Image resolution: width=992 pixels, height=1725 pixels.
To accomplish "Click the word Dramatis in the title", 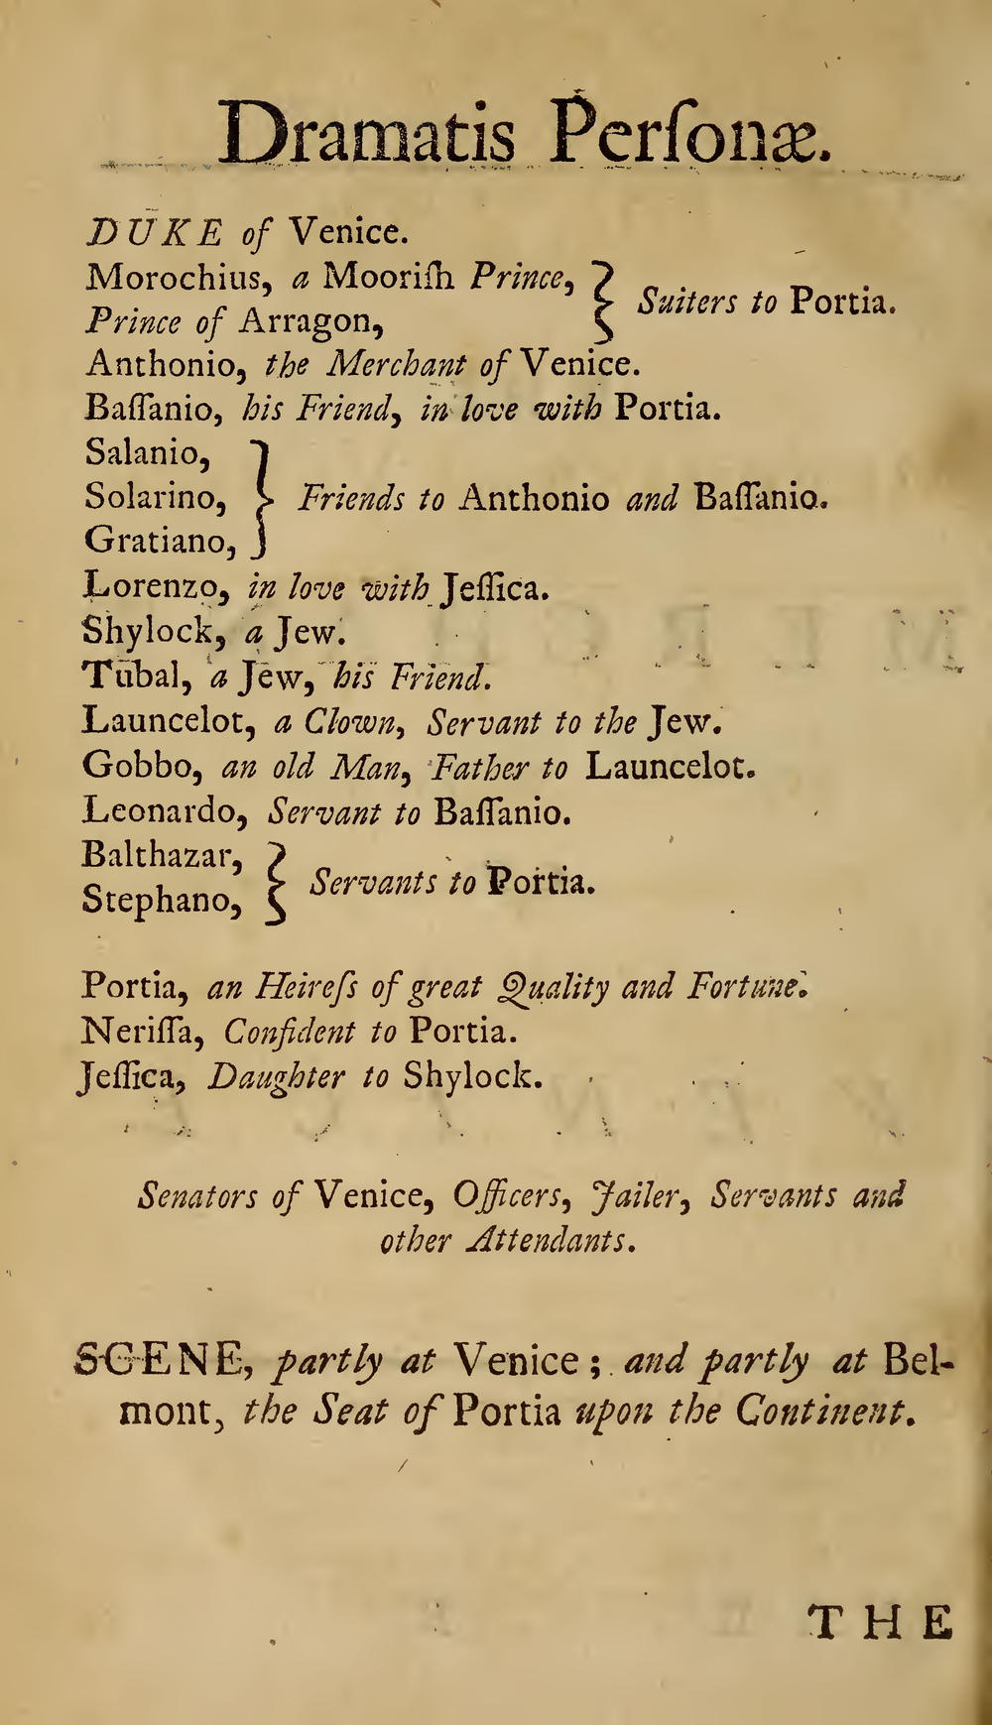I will tap(366, 135).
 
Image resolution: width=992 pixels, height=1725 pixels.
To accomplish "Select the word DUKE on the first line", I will tap(156, 233).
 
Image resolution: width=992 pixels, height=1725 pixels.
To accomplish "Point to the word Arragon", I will tap(311, 320).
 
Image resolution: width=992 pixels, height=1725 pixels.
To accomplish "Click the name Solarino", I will tap(155, 496).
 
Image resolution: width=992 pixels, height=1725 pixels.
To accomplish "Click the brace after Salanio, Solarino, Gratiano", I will tap(262, 496).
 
